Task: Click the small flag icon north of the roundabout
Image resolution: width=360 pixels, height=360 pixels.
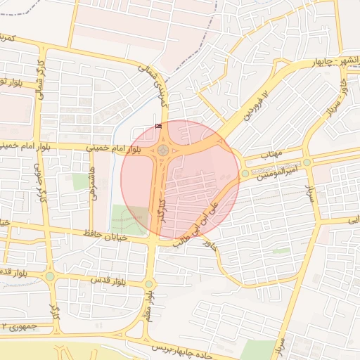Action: point(157,126)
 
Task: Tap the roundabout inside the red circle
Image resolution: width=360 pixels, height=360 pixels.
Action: point(163,150)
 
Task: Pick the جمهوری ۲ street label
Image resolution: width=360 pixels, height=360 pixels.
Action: point(21,327)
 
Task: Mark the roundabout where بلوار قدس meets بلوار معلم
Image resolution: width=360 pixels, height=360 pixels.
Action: point(148,284)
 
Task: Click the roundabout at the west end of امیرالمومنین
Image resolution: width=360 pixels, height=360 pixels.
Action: point(245,173)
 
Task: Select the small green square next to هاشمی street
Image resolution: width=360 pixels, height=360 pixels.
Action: point(81,181)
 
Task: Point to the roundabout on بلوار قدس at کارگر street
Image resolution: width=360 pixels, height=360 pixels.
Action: point(50,276)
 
